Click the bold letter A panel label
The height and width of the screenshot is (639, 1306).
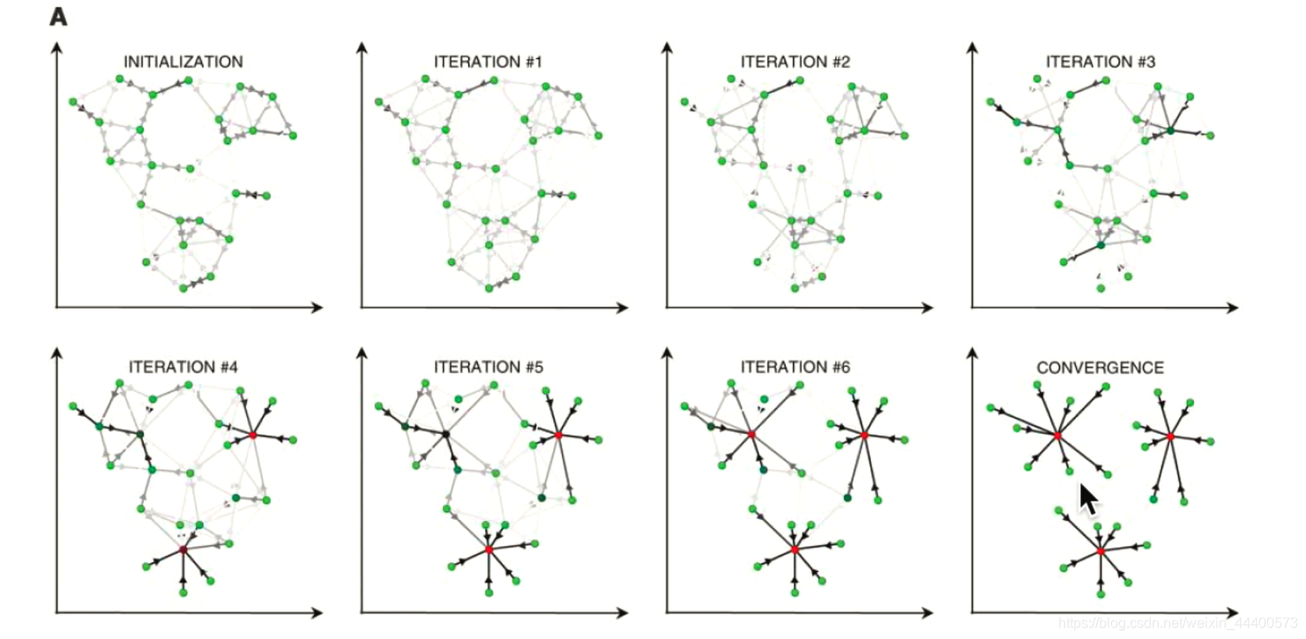(x=58, y=17)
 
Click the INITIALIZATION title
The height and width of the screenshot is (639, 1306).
(x=183, y=62)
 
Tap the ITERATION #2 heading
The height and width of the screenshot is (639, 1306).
(x=795, y=62)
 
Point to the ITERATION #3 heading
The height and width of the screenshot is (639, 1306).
(x=1101, y=62)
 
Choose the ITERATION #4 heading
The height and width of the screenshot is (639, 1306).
(x=183, y=367)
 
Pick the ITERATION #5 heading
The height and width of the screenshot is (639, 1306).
(x=489, y=367)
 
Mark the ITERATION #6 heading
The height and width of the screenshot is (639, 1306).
(x=795, y=367)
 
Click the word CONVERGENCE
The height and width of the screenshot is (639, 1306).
(x=1100, y=368)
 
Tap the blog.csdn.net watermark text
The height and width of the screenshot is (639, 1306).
(x=1177, y=624)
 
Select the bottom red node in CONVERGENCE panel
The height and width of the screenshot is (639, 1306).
(x=1101, y=551)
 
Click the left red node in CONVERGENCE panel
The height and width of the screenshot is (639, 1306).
(x=1056, y=435)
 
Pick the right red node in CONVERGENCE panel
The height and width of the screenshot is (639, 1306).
(x=1170, y=436)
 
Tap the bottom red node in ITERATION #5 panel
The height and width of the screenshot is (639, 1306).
(x=489, y=549)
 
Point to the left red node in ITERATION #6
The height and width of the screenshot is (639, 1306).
(x=751, y=434)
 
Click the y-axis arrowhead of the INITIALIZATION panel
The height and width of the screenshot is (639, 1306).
(x=56, y=48)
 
